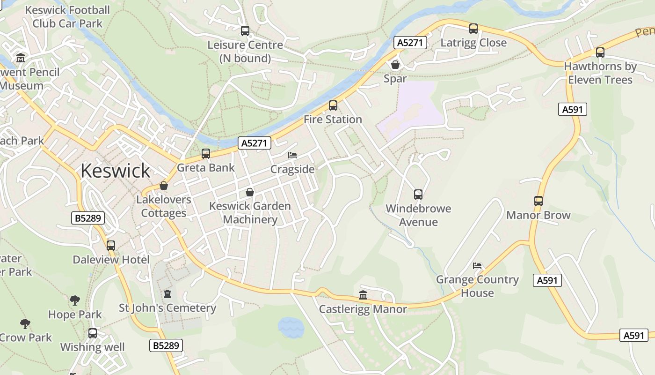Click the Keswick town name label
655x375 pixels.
point(115,171)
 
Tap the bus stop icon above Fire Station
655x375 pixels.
point(333,105)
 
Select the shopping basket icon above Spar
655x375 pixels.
point(395,65)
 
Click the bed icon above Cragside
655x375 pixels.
point(292,155)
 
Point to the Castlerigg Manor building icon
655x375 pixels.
point(363,295)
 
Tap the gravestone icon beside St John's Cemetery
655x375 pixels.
point(167,294)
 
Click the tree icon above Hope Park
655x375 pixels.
point(74,300)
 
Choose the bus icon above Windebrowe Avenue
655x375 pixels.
point(418,195)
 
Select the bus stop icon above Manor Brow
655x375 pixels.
point(539,201)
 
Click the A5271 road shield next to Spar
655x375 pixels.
point(410,43)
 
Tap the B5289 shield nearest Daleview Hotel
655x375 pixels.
point(88,218)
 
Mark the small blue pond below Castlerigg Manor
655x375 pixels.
point(291,327)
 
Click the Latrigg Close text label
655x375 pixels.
point(473,43)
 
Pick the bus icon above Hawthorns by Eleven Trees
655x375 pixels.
point(600,52)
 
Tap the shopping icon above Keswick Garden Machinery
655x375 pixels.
point(250,192)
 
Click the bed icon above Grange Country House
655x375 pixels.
point(477,266)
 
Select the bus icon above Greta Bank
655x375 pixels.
point(205,154)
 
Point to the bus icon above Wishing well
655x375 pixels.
point(93,333)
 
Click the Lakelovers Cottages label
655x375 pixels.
point(164,206)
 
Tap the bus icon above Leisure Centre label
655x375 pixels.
point(245,31)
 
